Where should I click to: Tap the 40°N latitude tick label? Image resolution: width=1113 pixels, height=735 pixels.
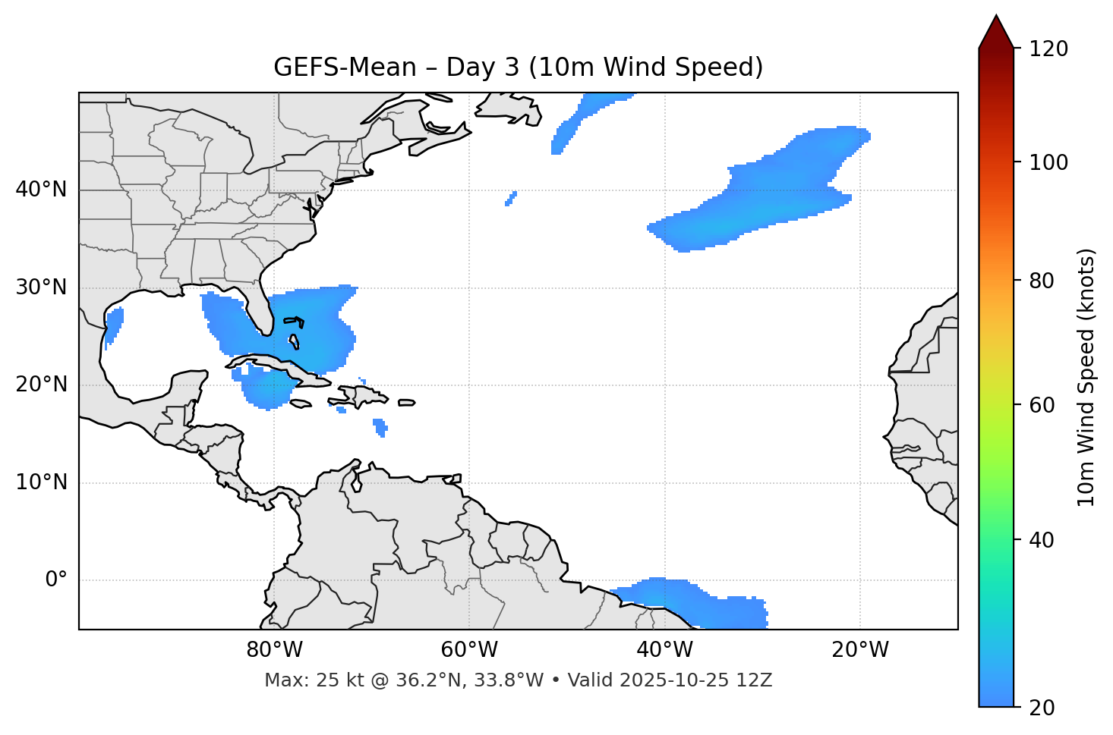point(41,190)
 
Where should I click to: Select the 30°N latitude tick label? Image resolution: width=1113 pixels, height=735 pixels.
point(41,287)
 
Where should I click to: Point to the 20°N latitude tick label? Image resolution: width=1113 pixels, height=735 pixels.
point(41,385)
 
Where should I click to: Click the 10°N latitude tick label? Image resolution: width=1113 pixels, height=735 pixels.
point(41,482)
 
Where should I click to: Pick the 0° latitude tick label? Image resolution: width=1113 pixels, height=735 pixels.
point(55,580)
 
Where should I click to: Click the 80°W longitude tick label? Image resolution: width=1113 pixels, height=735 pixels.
point(274,650)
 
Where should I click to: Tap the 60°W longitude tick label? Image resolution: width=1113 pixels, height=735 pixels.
point(469,650)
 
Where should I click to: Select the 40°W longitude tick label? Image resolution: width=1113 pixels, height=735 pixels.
point(664,650)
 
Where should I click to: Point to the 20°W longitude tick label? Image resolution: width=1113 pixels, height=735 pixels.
point(860,650)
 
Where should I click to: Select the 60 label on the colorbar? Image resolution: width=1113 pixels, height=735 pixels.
point(1042,405)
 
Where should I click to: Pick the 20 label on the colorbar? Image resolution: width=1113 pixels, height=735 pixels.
point(1042,708)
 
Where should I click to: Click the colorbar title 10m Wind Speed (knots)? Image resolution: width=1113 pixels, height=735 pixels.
point(1086,377)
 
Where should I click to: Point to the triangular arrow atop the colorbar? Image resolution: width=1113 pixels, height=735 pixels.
point(996,32)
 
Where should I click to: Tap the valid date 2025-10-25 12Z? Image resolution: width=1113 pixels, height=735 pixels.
point(695,680)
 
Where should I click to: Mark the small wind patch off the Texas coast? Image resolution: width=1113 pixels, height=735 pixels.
point(114,324)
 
